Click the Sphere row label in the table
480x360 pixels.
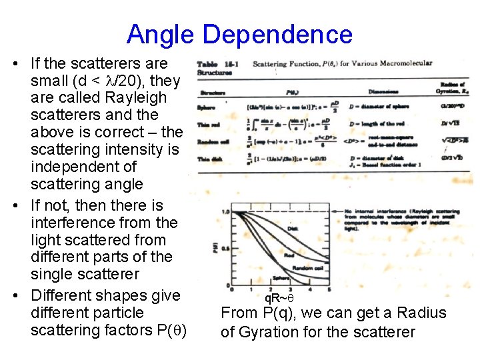tap(205, 107)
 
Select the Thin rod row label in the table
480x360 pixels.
tap(208, 125)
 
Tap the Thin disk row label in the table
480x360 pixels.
tap(208, 158)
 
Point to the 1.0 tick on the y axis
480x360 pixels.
tap(224, 212)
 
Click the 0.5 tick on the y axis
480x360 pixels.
tap(224, 249)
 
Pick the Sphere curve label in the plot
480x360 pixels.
tap(280, 278)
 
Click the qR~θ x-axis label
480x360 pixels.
tap(277, 298)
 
